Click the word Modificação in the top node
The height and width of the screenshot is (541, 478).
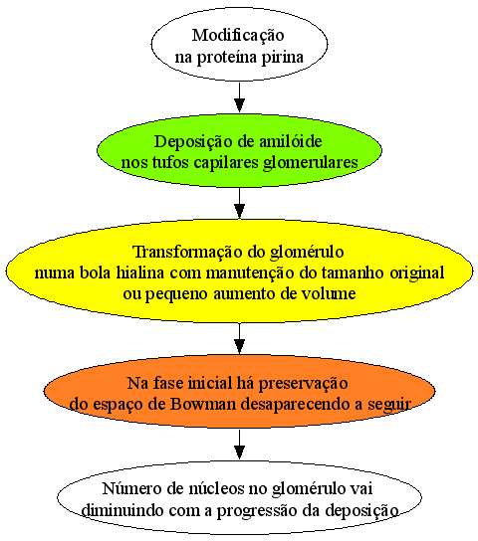(238, 36)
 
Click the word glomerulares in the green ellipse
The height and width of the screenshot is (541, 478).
(311, 163)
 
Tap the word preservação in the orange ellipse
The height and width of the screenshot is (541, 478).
(304, 384)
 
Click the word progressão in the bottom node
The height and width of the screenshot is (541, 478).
(257, 511)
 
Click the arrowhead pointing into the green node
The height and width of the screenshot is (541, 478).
(239, 105)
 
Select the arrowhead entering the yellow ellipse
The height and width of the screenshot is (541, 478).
(239, 211)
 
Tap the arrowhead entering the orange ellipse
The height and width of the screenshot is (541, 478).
(239, 346)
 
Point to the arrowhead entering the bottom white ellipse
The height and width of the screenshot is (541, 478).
(239, 452)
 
